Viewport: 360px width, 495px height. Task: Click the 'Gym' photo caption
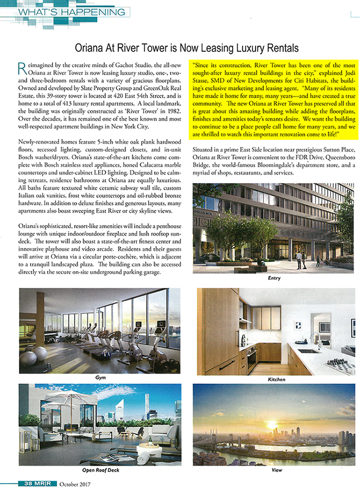101,378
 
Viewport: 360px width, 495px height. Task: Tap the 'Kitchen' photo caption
274,380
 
